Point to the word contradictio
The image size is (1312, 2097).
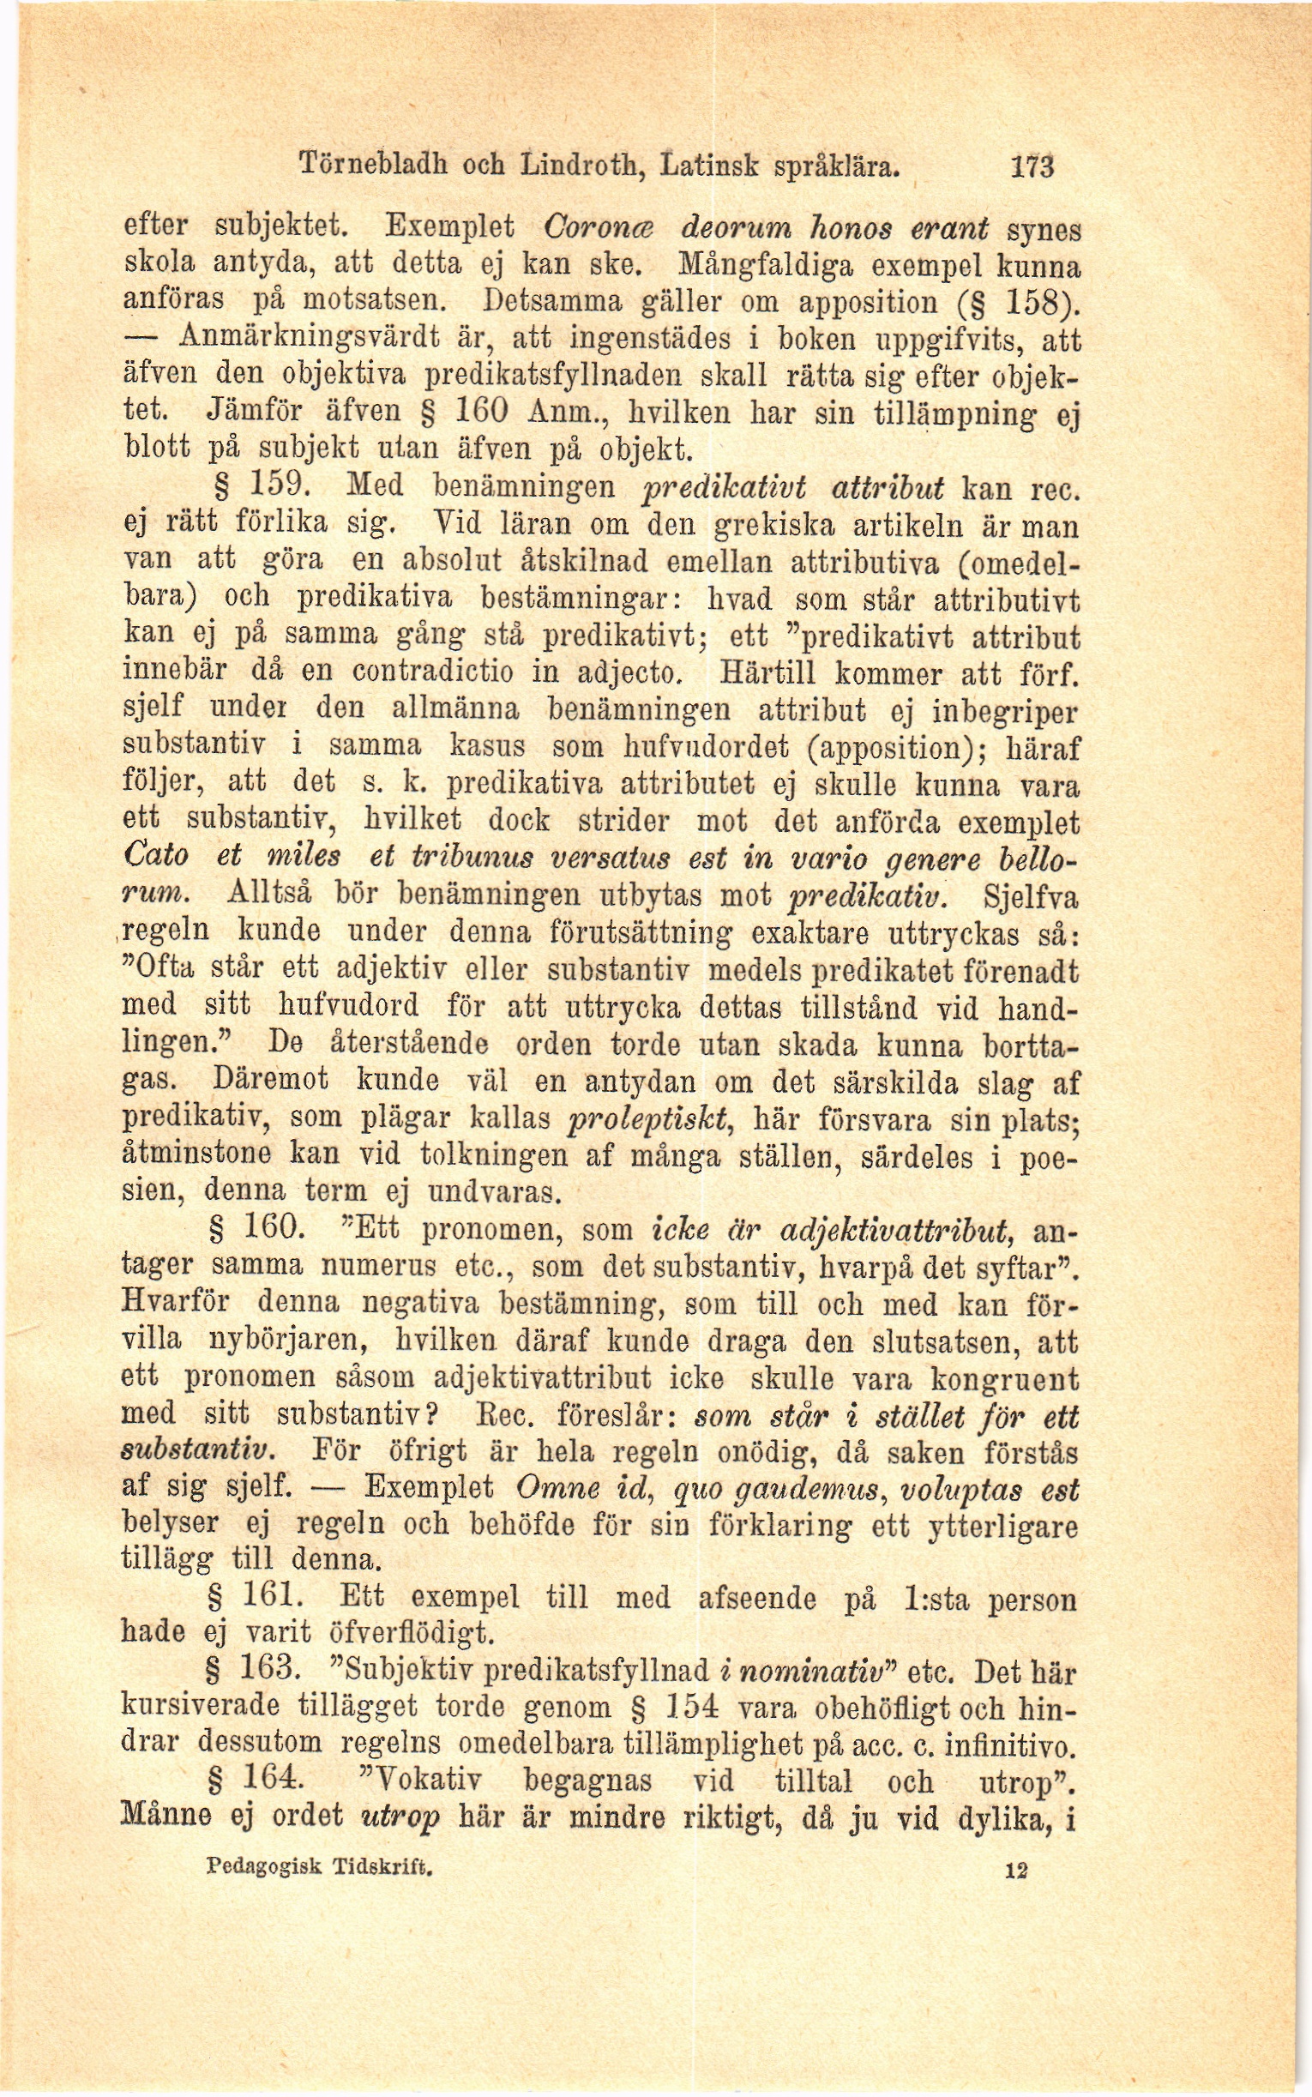click(x=434, y=672)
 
